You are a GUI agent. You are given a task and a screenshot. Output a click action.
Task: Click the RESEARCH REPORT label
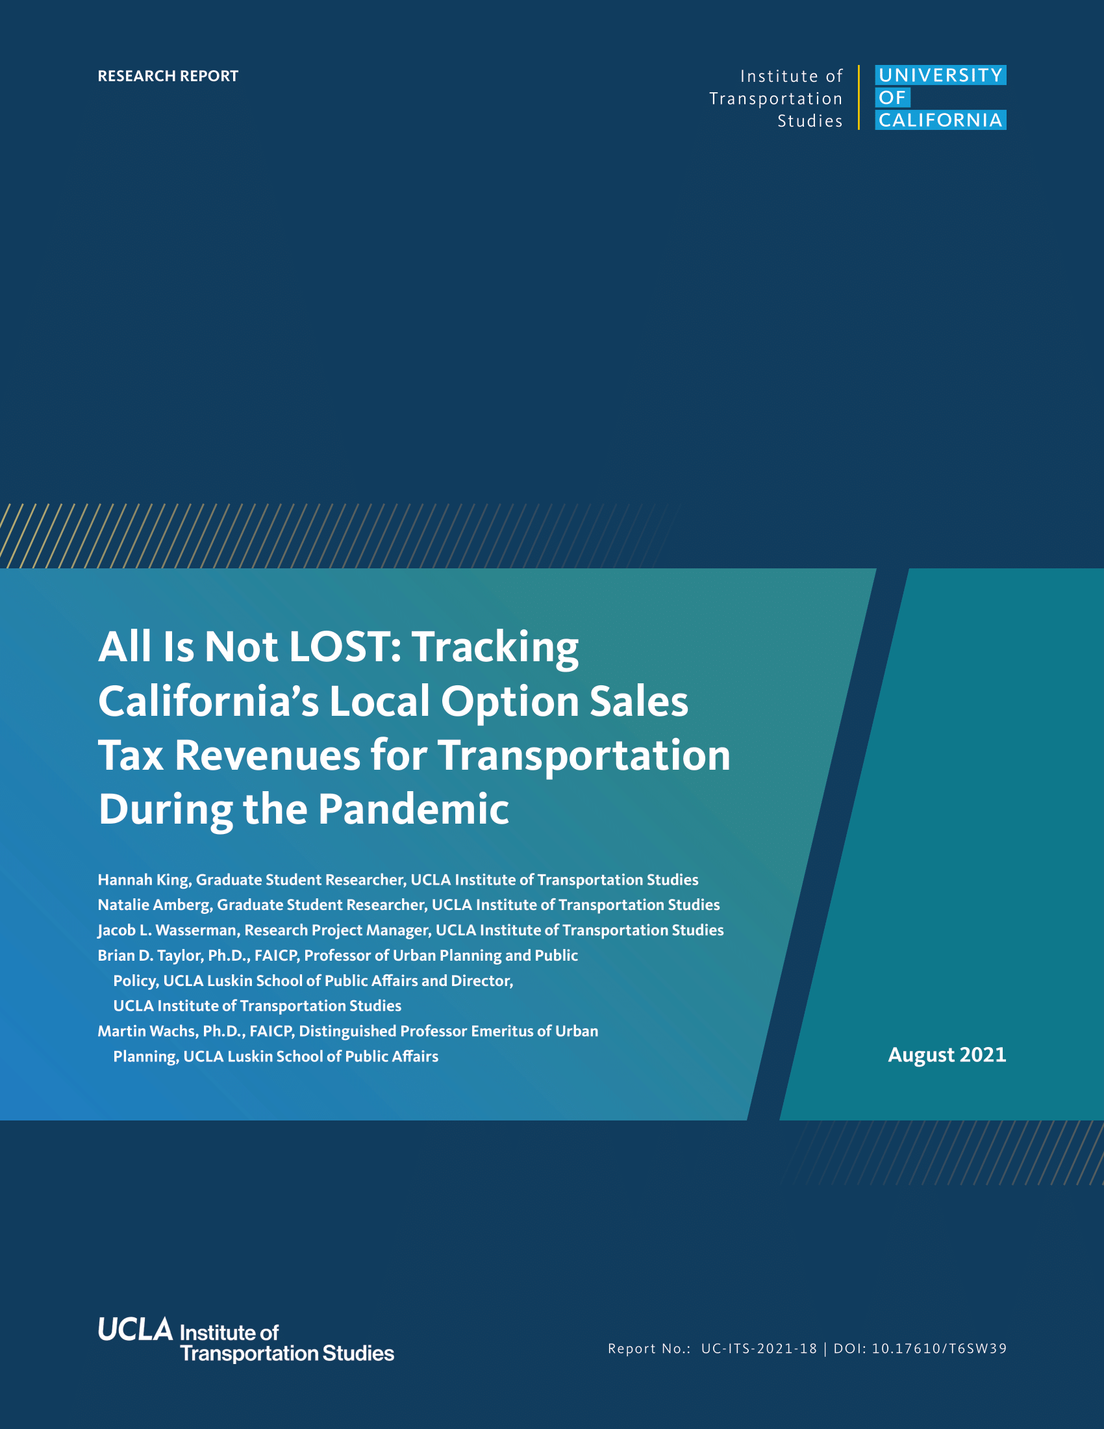click(x=168, y=76)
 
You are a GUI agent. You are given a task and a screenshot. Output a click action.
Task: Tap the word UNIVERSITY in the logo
click(x=940, y=75)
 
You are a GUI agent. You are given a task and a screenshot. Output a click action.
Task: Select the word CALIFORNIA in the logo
click(x=940, y=120)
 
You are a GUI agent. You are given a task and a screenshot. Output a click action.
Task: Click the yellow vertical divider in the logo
click(x=859, y=97)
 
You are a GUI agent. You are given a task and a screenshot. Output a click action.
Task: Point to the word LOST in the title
click(x=340, y=646)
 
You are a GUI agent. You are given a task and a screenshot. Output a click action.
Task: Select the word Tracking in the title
click(x=494, y=648)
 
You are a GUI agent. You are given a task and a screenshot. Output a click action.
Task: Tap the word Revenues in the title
click(x=267, y=755)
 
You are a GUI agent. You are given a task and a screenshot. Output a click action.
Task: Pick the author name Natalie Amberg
click(x=154, y=905)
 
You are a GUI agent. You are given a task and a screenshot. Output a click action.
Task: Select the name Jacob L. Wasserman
click(x=167, y=930)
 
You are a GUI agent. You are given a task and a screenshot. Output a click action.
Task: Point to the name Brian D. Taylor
click(x=150, y=956)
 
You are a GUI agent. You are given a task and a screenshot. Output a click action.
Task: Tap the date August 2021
click(x=947, y=1055)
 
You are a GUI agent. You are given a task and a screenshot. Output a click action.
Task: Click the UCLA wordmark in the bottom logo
click(x=135, y=1329)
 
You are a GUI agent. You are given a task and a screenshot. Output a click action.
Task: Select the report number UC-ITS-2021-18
click(x=759, y=1348)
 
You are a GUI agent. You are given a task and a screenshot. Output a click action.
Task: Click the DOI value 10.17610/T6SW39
click(x=939, y=1348)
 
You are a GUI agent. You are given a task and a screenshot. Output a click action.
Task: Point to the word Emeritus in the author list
click(x=501, y=1031)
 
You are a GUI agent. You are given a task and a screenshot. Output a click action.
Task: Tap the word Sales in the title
click(x=639, y=701)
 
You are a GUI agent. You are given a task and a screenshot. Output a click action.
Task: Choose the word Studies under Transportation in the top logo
click(x=810, y=121)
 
